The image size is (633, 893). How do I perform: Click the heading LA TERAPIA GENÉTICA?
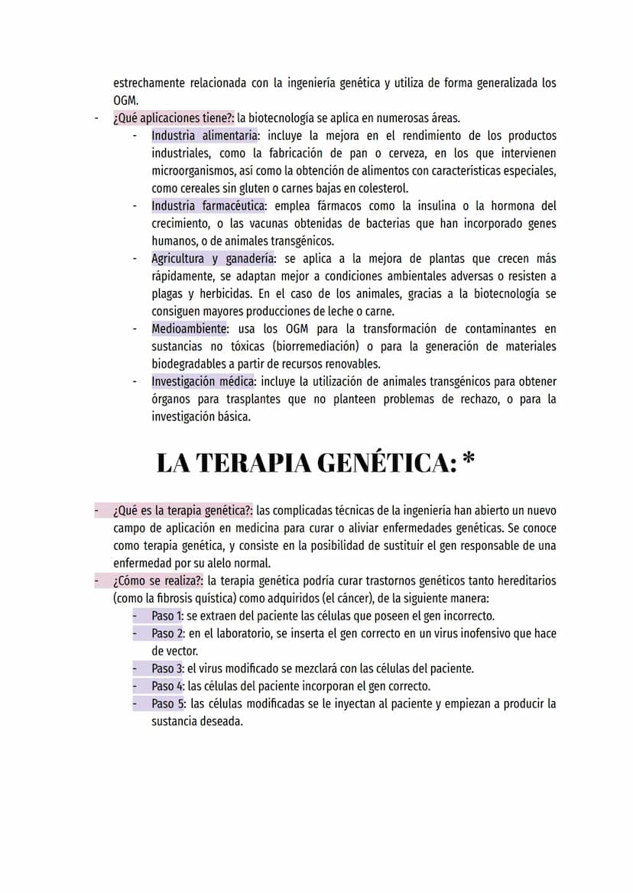tap(306, 463)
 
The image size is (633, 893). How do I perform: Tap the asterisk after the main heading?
tap(469, 461)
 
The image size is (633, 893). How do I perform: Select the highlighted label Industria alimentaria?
tap(204, 135)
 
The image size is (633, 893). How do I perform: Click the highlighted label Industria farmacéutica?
tap(208, 205)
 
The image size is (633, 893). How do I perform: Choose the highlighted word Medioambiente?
tap(190, 328)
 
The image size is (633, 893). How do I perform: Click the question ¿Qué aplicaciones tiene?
tap(174, 118)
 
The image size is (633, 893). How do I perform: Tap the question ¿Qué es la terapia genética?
tap(183, 510)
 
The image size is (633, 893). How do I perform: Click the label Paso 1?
tap(167, 616)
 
